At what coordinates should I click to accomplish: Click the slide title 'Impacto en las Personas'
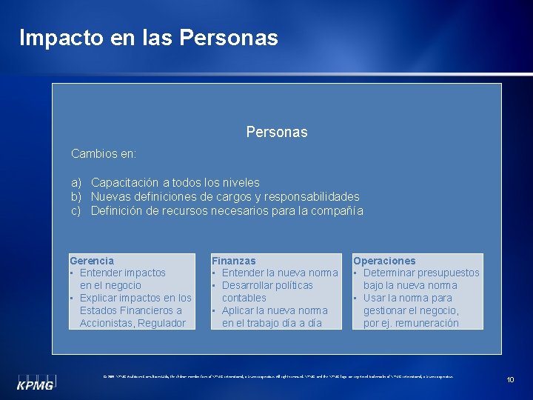click(148, 37)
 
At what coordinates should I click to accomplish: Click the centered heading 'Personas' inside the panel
click(277, 132)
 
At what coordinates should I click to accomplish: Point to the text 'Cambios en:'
click(104, 154)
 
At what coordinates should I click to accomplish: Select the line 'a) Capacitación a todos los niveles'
click(165, 182)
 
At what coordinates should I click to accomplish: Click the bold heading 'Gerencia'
click(92, 261)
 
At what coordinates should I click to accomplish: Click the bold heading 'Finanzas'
click(234, 261)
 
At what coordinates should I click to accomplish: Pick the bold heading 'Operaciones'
click(384, 261)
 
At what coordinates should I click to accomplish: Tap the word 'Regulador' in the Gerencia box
click(163, 323)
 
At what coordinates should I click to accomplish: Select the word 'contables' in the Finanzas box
click(244, 298)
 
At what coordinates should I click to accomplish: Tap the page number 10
click(510, 379)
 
